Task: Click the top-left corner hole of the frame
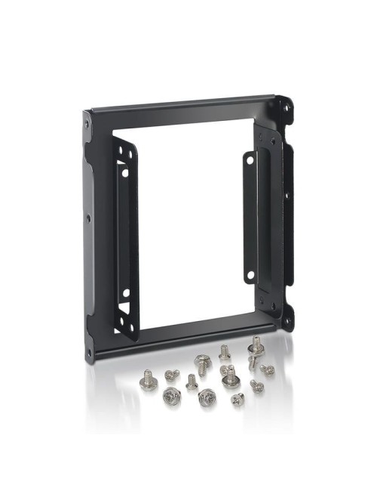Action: pos(87,122)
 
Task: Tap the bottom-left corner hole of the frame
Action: pos(89,352)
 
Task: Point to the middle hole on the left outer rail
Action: pos(88,219)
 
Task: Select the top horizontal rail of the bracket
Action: pos(181,113)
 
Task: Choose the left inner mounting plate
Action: pos(125,234)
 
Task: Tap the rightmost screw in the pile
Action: pos(267,369)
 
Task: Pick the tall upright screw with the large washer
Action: pos(255,348)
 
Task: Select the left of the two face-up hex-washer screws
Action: pos(171,394)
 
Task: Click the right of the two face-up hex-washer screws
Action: pos(206,396)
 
